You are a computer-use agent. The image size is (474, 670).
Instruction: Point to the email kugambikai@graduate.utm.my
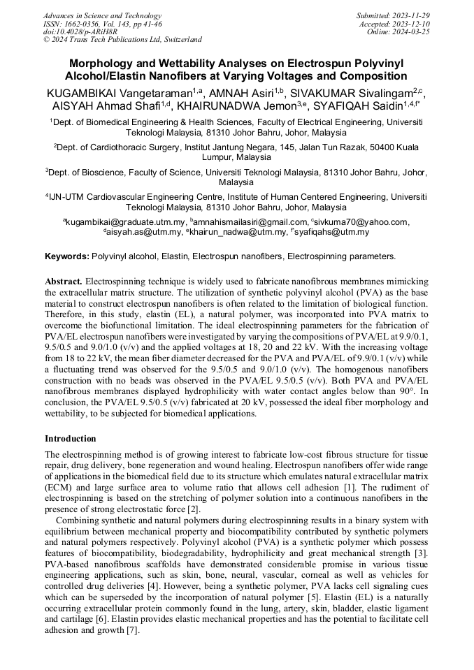point(122,222)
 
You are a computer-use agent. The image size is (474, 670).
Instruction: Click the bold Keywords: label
point(67,256)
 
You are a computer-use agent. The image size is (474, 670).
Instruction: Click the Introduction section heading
point(71,439)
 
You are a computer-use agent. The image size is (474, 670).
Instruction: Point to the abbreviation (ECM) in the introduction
point(59,487)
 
